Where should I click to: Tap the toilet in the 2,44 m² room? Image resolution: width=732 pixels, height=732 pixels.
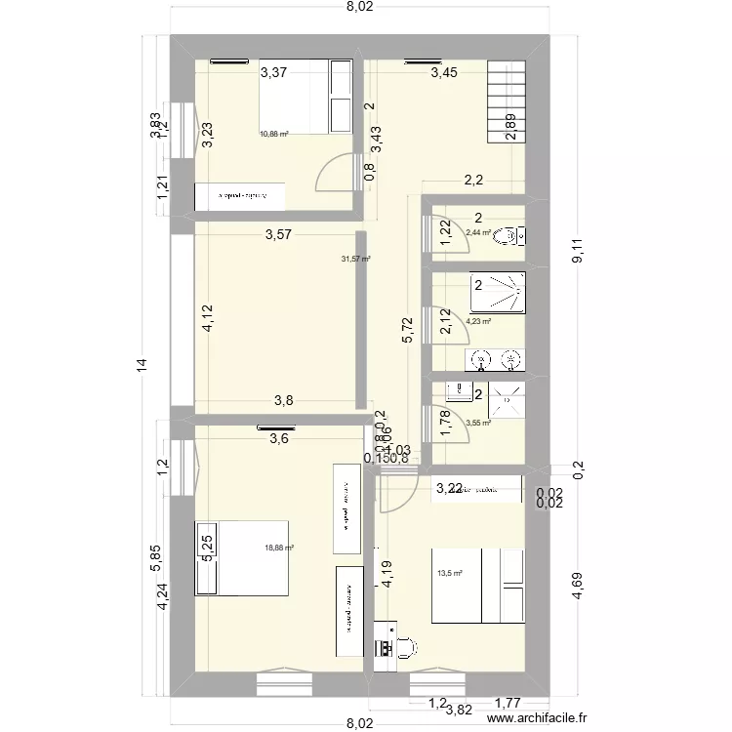click(x=507, y=235)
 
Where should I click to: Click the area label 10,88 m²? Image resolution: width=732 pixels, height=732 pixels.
click(x=273, y=135)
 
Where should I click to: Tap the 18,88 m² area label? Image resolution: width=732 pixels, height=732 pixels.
click(x=280, y=549)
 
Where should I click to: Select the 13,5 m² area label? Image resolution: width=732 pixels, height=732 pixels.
click(x=450, y=574)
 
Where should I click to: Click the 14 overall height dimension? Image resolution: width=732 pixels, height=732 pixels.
click(x=142, y=365)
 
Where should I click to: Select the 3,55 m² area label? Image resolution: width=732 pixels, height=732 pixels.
click(x=477, y=424)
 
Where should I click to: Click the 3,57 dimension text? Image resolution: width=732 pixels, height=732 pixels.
click(x=278, y=234)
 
